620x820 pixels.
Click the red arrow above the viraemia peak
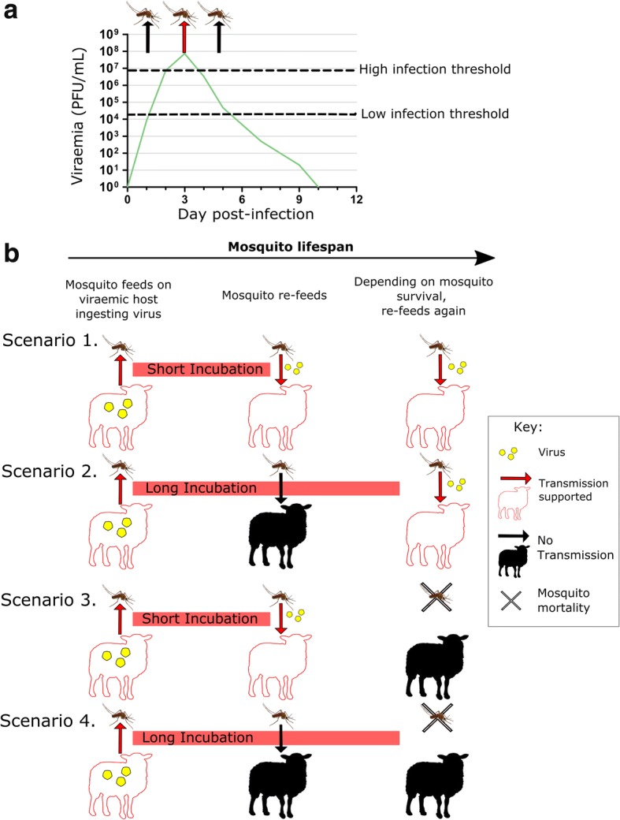184,37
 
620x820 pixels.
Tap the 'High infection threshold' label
435,70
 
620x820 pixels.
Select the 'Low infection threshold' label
434,114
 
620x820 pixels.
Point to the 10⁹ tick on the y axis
109,35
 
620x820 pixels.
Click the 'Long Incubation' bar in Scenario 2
266,488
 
